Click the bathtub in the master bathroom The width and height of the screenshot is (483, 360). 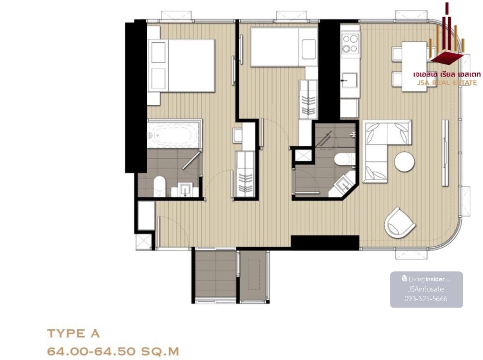pos(173,133)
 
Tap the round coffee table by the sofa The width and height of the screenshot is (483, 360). pos(405,162)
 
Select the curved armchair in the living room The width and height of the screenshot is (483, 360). pos(400,224)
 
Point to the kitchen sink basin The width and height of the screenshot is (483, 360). pos(349,80)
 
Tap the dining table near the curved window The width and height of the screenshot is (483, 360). pos(414,67)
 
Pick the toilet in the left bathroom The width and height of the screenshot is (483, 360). pos(159,186)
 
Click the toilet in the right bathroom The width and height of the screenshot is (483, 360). pos(343,159)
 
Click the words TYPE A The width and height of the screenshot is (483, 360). pos(73,334)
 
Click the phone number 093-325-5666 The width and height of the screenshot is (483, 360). pos(426,298)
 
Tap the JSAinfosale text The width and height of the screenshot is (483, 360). pos(426,289)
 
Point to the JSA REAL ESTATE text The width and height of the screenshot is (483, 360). pos(447,83)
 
